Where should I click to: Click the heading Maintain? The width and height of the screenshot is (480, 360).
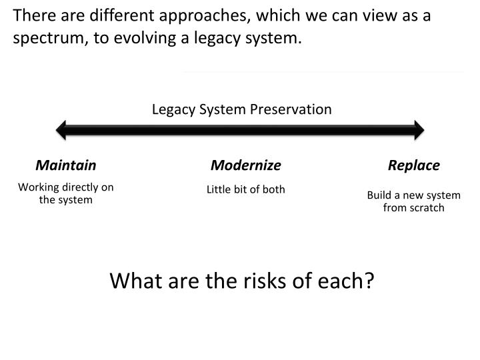66,165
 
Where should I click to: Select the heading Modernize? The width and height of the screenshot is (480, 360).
246,165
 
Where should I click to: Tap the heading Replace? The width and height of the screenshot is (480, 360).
414,165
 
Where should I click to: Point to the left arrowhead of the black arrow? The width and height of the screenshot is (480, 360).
62,129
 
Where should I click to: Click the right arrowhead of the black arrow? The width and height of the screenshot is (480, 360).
418,129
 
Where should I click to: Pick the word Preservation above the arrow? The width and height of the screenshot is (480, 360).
297,109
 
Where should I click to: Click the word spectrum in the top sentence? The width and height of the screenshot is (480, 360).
43,39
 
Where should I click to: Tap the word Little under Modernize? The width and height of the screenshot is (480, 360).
219,189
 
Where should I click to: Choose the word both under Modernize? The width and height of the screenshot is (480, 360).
273,189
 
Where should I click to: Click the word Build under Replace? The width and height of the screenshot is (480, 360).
379,195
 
